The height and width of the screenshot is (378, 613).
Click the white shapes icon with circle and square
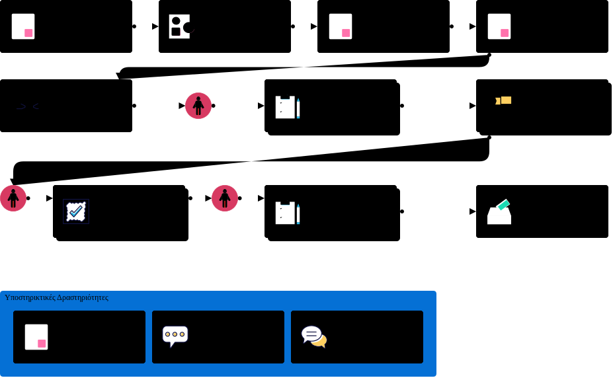[x=179, y=26]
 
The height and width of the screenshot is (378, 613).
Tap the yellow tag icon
[x=504, y=100]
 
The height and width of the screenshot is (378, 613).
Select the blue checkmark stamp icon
[x=76, y=211]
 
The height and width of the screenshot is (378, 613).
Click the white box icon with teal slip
[x=499, y=212]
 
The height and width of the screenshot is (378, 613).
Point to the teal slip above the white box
[x=504, y=205]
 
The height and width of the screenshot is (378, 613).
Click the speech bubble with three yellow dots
[x=175, y=336]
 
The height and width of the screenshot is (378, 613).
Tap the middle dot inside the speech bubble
[x=175, y=334]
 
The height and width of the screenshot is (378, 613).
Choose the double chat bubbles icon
[x=314, y=336]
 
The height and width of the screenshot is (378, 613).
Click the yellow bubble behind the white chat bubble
[x=321, y=342]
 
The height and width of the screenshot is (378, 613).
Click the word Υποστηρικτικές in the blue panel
[x=30, y=297]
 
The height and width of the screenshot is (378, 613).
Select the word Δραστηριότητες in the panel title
[x=83, y=297]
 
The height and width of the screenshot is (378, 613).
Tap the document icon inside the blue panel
[x=36, y=337]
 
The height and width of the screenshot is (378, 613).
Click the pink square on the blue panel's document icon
[x=42, y=344]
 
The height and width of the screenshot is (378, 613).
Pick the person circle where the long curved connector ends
[x=13, y=198]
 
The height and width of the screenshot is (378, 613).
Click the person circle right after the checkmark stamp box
[x=225, y=198]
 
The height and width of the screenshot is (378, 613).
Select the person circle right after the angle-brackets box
[x=198, y=106]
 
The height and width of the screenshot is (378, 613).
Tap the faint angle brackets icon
[x=27, y=106]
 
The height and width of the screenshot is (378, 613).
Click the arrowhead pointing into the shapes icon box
[x=155, y=26]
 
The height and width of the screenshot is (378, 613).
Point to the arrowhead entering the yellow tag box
[x=472, y=106]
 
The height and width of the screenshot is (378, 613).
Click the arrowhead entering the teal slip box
[x=472, y=211]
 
